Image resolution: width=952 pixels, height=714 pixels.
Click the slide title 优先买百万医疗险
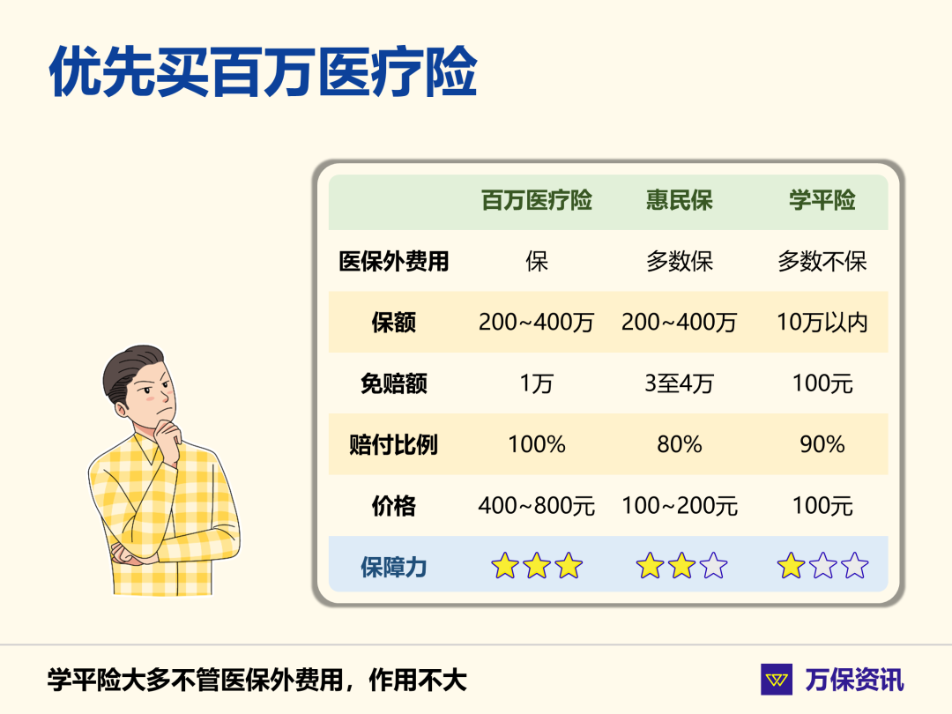[262, 72]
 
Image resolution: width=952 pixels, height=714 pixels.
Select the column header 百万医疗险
[536, 201]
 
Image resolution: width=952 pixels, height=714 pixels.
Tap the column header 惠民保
[679, 201]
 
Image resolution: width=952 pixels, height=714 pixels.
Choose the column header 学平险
[822, 201]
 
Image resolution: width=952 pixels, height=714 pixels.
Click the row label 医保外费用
[393, 262]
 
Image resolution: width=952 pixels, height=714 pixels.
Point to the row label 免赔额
[393, 384]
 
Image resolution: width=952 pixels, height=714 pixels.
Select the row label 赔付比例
[393, 445]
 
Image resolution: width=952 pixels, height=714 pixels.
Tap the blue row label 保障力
[393, 567]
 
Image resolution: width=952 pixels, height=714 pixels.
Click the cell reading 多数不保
[822, 262]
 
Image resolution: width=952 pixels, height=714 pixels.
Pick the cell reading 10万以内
[822, 323]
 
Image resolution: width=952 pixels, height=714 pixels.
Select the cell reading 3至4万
[679, 384]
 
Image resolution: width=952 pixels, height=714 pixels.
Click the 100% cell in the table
[536, 445]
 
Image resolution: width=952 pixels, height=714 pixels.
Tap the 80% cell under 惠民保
[679, 445]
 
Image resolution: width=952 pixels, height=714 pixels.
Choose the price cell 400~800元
[536, 507]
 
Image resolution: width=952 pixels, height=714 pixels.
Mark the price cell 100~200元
[679, 507]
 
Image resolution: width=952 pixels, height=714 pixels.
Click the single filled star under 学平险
[791, 566]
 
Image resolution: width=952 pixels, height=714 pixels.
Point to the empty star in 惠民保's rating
[712, 566]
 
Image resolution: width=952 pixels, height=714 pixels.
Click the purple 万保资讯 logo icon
[777, 680]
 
